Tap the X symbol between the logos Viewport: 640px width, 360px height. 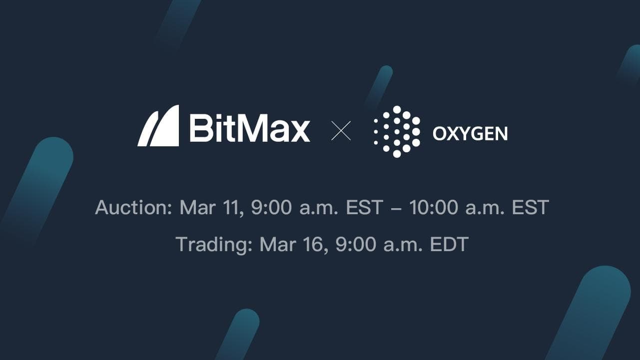tap(341, 131)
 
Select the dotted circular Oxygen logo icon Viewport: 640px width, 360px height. tap(397, 132)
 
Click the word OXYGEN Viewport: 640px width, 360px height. tap(470, 133)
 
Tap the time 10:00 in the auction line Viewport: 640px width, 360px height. tap(433, 207)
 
